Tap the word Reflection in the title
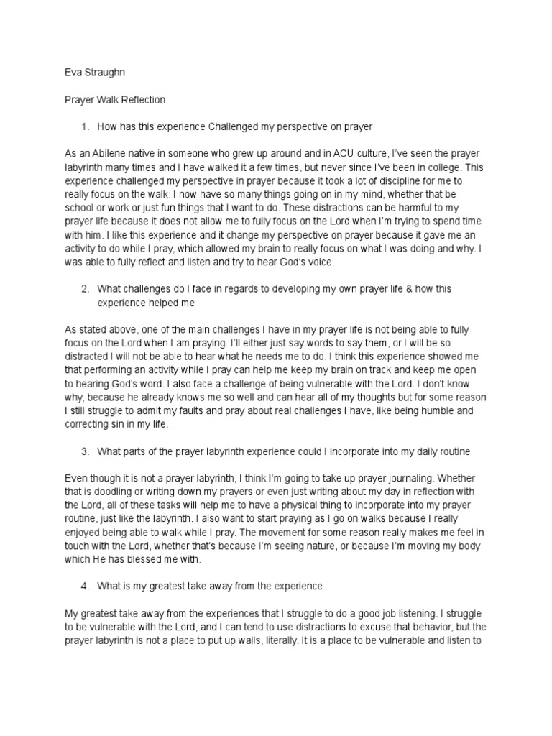[x=141, y=101]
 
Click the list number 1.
[x=84, y=127]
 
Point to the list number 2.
[x=84, y=288]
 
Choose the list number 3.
[x=84, y=451]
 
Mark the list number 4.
[x=84, y=586]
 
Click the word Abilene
[x=106, y=154]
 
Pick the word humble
[x=455, y=411]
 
